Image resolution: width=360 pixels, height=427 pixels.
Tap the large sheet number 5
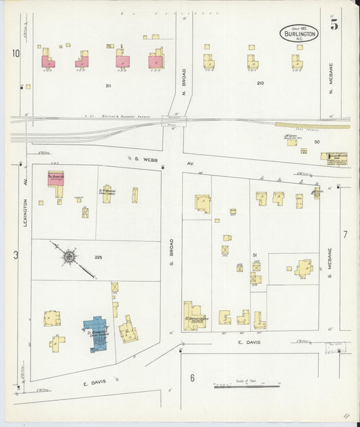point(334,25)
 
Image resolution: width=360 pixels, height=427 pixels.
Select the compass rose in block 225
point(69,256)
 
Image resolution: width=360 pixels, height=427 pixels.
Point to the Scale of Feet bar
point(247,386)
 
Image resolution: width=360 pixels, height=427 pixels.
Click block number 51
point(255,254)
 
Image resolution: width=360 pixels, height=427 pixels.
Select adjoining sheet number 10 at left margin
point(16,53)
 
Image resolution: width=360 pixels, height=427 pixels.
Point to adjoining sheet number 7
point(345,234)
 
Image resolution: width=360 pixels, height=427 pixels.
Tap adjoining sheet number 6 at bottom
point(192,378)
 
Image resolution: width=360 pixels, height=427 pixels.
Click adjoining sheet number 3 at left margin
point(16,255)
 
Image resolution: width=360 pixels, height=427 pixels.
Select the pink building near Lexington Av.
point(55,178)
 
